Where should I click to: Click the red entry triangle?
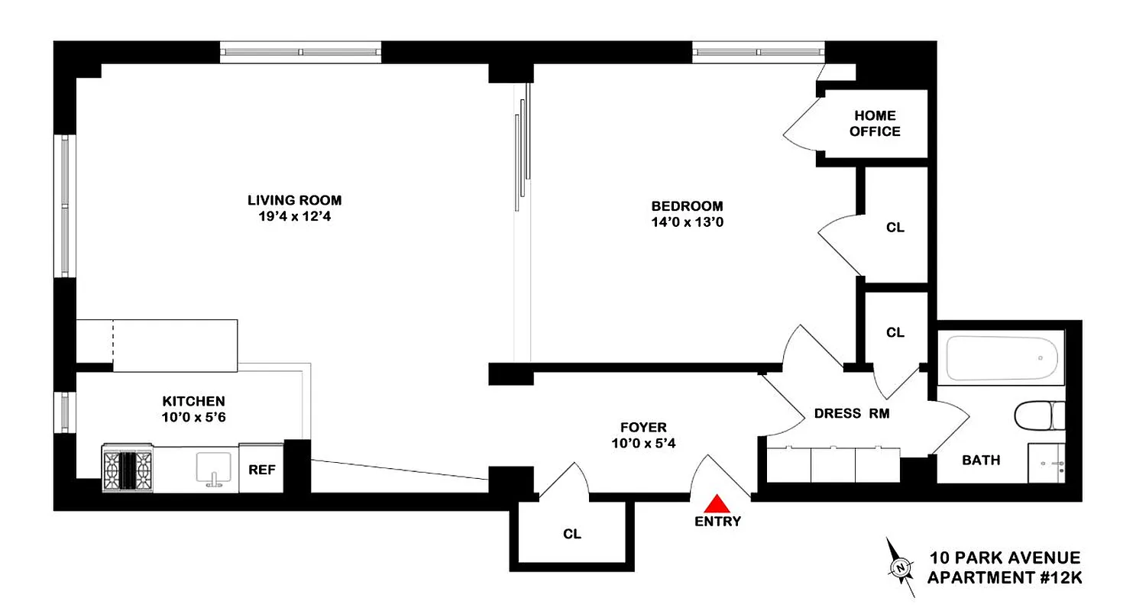coord(717,503)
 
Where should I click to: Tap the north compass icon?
coord(901,567)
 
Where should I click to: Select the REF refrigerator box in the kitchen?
coord(261,467)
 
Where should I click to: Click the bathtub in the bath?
coord(1002,358)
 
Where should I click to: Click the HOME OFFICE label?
coord(875,124)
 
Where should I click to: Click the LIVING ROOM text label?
coord(294,201)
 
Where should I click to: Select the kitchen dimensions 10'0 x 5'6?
coord(193,417)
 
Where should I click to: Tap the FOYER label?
coord(642,428)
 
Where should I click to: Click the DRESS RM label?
coord(852,414)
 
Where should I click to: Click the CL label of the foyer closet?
coord(572,535)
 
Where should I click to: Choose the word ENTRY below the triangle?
coord(717,522)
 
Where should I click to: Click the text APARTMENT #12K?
coord(1005,578)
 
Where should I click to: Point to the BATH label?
coord(981,461)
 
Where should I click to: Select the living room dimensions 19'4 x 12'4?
coord(294,217)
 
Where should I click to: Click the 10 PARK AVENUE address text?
coord(1005,558)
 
